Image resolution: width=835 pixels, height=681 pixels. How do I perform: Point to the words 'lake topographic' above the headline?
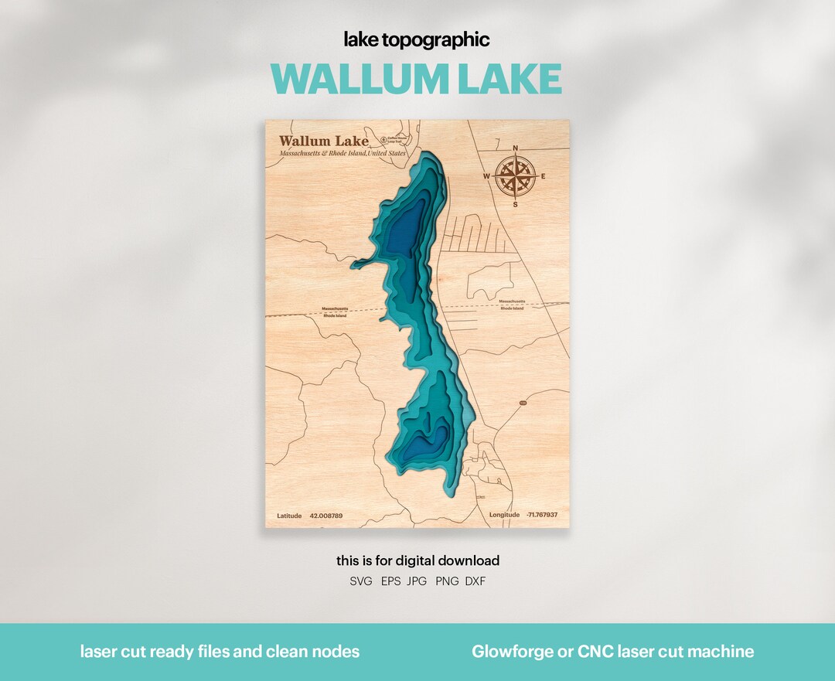[417, 40]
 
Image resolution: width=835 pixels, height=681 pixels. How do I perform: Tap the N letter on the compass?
[516, 149]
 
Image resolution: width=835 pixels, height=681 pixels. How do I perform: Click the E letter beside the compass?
[543, 176]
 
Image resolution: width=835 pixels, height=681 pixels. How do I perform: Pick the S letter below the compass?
[515, 205]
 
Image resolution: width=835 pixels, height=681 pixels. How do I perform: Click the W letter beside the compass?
[487, 176]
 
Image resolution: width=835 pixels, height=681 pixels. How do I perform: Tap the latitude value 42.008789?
[326, 515]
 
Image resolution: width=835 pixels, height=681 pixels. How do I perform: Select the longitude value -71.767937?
[542, 515]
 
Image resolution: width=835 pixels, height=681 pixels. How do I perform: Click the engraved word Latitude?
[290, 515]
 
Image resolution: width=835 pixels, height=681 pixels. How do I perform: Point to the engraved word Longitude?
[504, 515]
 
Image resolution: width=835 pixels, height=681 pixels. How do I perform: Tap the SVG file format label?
[361, 581]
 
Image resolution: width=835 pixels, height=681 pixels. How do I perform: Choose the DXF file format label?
[475, 581]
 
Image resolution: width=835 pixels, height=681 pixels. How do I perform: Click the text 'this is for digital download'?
[417, 560]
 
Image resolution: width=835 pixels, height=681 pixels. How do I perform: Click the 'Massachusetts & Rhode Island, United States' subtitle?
[343, 154]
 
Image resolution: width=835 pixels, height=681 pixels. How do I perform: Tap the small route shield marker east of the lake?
[523, 403]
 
